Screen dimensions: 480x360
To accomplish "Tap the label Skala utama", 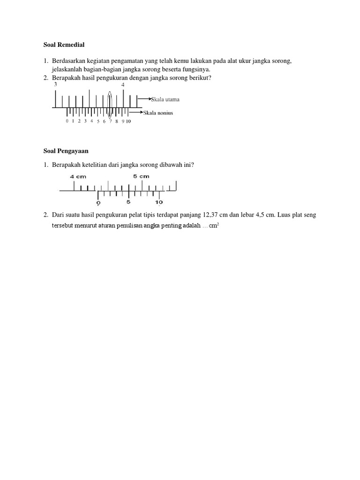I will point(165,99).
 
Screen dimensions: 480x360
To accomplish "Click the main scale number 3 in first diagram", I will point(56,85).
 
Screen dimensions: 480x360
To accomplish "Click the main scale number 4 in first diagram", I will point(123,85).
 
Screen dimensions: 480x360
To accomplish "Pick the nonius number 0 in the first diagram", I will point(67,121).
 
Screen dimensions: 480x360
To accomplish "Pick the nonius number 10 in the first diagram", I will point(128,121).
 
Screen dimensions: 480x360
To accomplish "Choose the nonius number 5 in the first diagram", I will point(98,121).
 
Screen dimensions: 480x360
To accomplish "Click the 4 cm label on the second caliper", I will point(78,176).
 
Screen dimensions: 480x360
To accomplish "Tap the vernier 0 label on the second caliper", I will point(98,202).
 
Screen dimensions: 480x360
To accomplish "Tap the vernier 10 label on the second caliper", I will point(159,202).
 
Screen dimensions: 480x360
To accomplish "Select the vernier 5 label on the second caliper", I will point(128,202).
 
